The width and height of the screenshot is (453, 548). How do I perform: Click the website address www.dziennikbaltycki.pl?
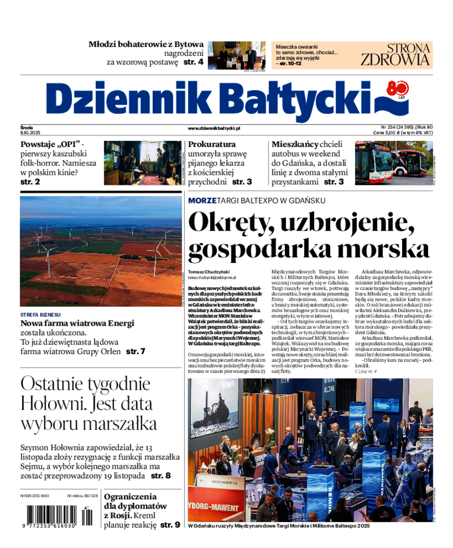(215, 128)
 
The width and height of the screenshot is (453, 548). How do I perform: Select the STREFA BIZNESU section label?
(40, 314)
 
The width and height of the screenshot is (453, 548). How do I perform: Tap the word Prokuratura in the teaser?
(212, 144)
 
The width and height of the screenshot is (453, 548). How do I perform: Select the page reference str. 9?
(170, 525)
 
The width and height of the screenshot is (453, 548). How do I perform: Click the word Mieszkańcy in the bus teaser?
(294, 144)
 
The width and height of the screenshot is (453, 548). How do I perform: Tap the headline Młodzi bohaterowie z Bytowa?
(147, 44)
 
